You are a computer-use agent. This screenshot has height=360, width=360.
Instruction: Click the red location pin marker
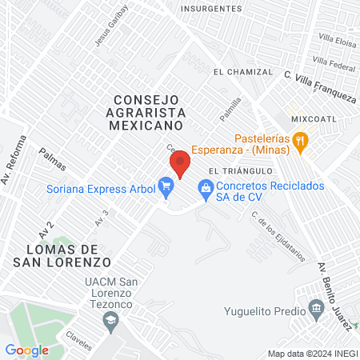(x=180, y=165)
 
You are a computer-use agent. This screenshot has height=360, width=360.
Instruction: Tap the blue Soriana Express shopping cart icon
(x=166, y=190)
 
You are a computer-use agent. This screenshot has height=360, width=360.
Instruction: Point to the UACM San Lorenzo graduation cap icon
(x=110, y=322)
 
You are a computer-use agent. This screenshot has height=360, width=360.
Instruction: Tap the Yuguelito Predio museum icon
(x=316, y=310)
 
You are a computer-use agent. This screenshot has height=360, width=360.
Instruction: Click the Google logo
(x=26, y=350)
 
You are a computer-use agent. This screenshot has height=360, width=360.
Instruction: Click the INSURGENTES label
(x=211, y=8)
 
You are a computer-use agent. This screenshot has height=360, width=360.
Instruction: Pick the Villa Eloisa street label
(x=338, y=38)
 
